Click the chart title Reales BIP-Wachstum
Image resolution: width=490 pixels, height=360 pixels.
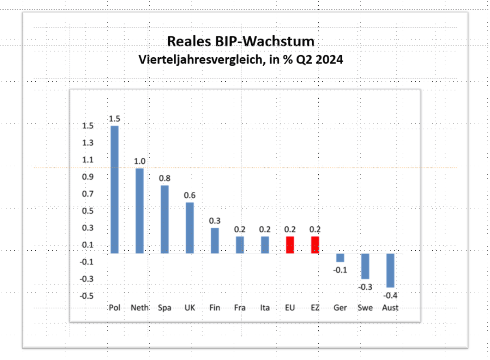[240, 42]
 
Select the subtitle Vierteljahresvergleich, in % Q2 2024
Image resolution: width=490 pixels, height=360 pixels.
[240, 60]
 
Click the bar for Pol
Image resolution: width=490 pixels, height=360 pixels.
[114, 189]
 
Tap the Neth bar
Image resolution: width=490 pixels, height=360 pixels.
[139, 210]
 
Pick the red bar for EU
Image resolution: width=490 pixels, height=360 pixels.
[290, 245]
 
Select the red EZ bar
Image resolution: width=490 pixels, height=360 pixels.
[315, 245]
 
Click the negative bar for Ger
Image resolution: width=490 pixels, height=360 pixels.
[340, 258]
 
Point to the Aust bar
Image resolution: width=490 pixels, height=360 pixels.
[390, 270]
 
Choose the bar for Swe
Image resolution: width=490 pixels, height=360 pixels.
[365, 266]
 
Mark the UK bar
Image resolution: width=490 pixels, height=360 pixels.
[190, 228]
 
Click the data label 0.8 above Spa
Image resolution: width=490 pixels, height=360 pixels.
[165, 178]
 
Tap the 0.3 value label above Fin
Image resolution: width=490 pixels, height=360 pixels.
[215, 221]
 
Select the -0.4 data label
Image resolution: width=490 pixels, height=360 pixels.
[390, 295]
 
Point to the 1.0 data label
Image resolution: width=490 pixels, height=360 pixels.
[140, 161]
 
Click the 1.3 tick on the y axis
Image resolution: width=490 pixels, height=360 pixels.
[88, 143]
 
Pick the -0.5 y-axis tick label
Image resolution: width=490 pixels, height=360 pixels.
[86, 295]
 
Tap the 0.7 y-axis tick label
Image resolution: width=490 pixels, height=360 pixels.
[88, 194]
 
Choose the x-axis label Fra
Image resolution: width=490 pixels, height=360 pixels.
[240, 308]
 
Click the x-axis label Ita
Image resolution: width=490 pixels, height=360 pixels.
[265, 308]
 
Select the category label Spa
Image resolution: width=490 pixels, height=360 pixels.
[164, 308]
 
